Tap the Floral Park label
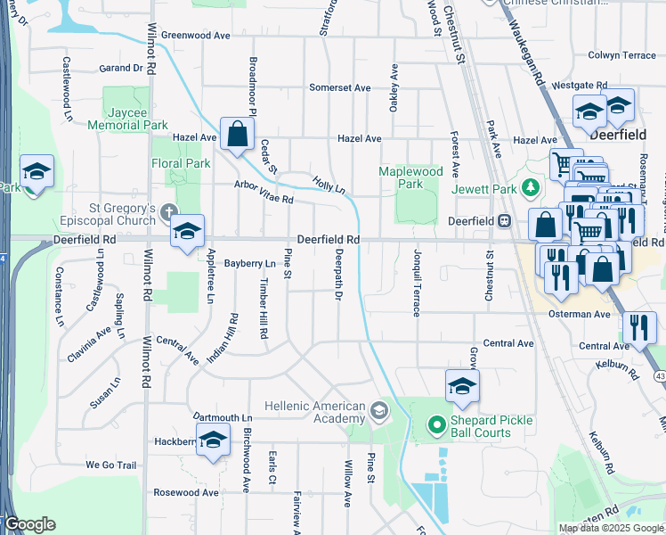pos(182,163)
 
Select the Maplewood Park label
pos(410,177)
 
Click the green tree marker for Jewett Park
pos(531,187)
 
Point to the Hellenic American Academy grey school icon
pos(379,410)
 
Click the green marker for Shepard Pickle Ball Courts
pos(437,424)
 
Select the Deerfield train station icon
pos(504,220)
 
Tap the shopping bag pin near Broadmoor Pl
pos(238,136)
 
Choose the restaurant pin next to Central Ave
pos(638,327)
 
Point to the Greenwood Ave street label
pos(196,36)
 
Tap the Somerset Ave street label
pos(339,87)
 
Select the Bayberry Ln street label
pos(250,264)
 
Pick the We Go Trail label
pos(110,465)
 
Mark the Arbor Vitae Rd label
pos(264,193)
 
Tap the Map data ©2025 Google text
pos(611,528)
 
